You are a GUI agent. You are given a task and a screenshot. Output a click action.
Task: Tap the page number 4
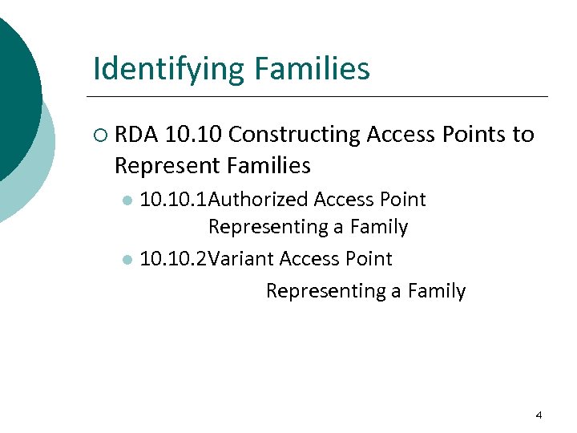click(x=539, y=415)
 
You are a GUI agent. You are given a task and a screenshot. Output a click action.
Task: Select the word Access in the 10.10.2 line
click(x=315, y=259)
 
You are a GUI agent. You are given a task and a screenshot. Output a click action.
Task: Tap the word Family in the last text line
click(x=436, y=290)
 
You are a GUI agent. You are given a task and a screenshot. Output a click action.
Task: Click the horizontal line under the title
click(x=321, y=97)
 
